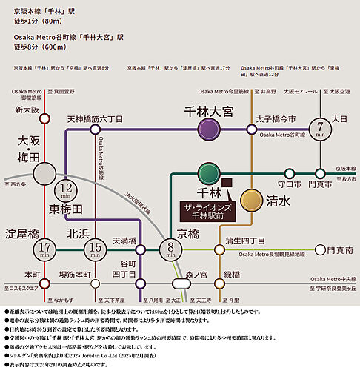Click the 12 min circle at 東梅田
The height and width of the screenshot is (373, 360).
67,192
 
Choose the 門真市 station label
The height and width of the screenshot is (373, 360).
321,184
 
